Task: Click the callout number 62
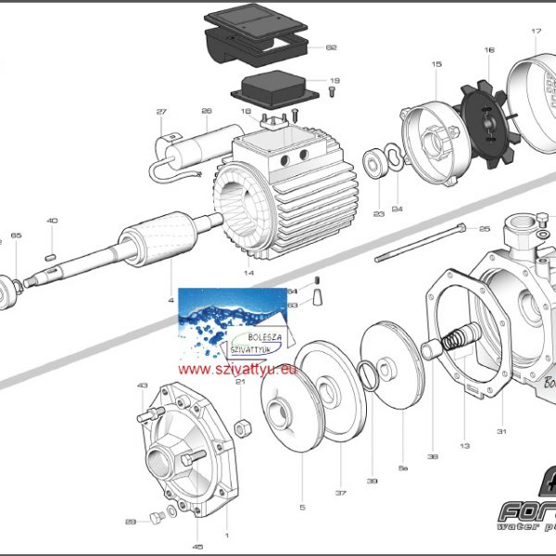coord(331,47)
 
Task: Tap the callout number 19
coord(335,81)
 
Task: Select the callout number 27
coord(161,113)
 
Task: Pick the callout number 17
coord(536,32)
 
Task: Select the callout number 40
coord(52,221)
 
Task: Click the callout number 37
coord(340,492)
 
